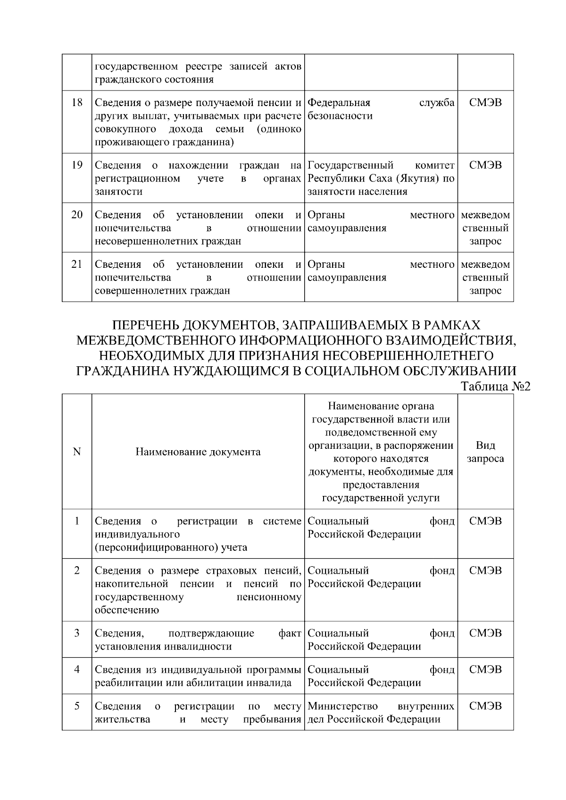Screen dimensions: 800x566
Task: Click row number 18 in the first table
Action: pyautogui.click(x=77, y=102)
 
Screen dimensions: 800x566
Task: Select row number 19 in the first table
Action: pyautogui.click(x=77, y=165)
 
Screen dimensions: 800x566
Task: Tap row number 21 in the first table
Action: pyautogui.click(x=77, y=264)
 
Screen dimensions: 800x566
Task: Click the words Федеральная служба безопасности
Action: pyautogui.click(x=381, y=109)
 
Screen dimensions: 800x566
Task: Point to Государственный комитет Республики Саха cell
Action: pyautogui.click(x=381, y=178)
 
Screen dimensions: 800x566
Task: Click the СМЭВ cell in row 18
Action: pyautogui.click(x=485, y=102)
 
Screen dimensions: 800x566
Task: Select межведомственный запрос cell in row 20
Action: pyautogui.click(x=485, y=228)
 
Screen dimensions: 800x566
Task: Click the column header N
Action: pyautogui.click(x=77, y=452)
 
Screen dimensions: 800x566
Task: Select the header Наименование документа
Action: pyautogui.click(x=198, y=452)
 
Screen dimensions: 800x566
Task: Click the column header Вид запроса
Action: pyautogui.click(x=485, y=452)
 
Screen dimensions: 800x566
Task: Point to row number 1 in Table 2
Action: pyautogui.click(x=77, y=521)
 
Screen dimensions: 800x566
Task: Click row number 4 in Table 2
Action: pyautogui.click(x=77, y=669)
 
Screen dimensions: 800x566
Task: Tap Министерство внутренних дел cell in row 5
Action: pyautogui.click(x=381, y=712)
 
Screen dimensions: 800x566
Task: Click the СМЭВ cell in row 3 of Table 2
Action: pyautogui.click(x=485, y=633)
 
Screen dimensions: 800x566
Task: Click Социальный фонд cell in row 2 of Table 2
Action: pyautogui.click(x=381, y=577)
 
